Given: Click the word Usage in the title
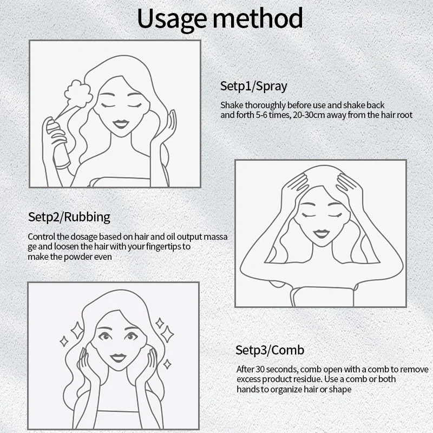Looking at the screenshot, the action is [x=172, y=19].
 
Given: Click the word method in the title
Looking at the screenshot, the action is [x=258, y=18].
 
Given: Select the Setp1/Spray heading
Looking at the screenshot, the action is [x=253, y=86].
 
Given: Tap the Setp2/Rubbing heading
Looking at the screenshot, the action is [x=69, y=217].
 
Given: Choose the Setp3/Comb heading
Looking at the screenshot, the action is [x=270, y=350].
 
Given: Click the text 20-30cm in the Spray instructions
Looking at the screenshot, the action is [x=309, y=115].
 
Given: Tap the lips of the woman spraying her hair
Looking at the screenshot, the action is [x=121, y=124].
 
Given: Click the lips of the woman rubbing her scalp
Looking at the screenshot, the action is [x=320, y=234].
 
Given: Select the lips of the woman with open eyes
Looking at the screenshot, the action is [x=118, y=358].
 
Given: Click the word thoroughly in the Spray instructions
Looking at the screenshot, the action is [x=265, y=105].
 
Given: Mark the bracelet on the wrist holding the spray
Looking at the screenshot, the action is [x=63, y=166].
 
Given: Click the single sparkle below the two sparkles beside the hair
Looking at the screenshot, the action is [x=167, y=364].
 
